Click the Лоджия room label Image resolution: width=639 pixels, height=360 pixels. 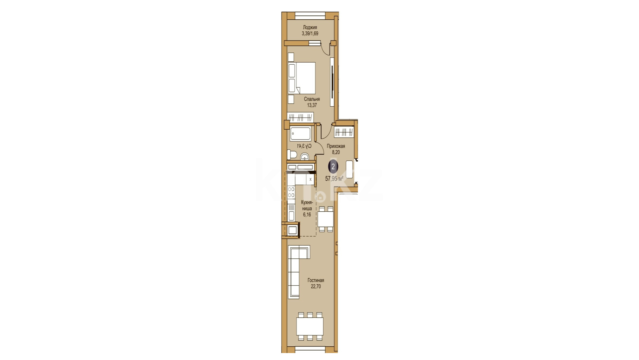coord(310,27)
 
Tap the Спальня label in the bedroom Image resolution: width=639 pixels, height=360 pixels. coord(312,99)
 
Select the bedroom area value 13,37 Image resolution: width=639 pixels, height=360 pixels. coord(312,105)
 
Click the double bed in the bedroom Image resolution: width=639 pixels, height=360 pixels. coord(302,78)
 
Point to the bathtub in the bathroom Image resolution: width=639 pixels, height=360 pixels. coord(300,134)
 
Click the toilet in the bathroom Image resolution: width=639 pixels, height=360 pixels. coord(292,155)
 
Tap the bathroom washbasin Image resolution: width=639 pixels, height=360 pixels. coord(305,157)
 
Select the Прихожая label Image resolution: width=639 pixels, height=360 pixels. coord(336,146)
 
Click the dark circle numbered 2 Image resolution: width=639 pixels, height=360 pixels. coord(333,167)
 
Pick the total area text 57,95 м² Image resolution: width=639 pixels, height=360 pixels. coord(334,179)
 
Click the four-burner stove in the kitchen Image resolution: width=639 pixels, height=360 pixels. coord(291,192)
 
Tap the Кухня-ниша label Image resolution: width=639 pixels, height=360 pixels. coord(307,205)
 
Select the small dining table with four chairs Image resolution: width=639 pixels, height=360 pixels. coord(325,219)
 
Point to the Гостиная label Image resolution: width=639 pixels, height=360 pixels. coord(316,280)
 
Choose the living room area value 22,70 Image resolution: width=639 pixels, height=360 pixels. coord(316,286)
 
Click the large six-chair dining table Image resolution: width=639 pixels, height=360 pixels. coord(310,326)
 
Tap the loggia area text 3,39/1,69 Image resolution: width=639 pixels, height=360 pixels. coord(310,33)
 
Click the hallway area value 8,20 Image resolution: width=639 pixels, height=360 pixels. coord(336,152)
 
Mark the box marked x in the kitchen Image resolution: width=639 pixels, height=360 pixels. coord(311,179)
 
